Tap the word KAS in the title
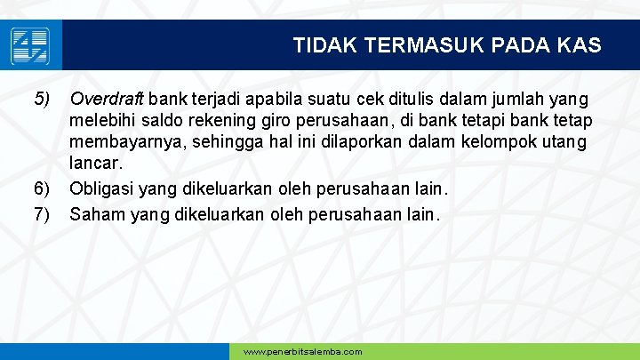(x=580, y=44)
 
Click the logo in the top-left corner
(x=30, y=45)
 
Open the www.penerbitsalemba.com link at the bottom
(x=302, y=352)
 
